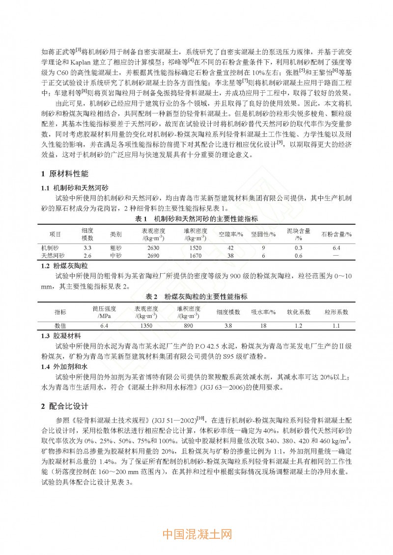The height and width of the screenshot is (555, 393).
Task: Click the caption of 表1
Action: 196,218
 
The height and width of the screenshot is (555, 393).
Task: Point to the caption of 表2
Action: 196,297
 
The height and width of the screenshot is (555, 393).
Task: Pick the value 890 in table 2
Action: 189,325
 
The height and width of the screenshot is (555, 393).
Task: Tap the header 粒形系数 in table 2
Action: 337,312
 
